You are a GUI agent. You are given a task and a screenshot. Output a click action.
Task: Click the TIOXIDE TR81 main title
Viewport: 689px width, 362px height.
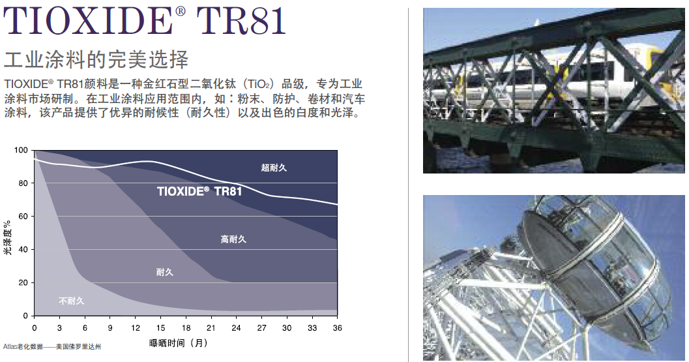click(145, 20)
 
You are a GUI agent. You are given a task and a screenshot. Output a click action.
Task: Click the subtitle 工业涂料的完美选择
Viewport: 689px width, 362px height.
click(96, 59)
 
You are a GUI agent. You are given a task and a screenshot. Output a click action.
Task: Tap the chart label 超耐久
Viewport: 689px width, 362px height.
click(274, 168)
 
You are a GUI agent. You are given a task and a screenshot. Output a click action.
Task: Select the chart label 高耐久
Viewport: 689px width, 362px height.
click(233, 239)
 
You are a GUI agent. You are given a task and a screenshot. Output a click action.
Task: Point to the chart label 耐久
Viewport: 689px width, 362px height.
click(165, 272)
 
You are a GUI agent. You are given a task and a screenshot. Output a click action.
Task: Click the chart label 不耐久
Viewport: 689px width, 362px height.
click(72, 301)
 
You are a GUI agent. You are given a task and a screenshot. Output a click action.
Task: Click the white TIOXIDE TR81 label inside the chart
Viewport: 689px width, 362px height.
click(199, 191)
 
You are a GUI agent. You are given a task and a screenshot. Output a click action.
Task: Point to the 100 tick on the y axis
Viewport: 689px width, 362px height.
click(21, 151)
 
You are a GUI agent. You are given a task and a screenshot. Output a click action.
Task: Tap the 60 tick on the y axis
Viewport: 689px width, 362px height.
click(23, 217)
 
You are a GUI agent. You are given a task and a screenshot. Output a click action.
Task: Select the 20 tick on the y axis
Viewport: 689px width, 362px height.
click(23, 283)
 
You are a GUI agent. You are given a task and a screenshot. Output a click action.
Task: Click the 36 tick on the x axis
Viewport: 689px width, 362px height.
click(338, 328)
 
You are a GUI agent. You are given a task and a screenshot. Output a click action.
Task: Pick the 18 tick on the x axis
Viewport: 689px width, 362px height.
click(186, 328)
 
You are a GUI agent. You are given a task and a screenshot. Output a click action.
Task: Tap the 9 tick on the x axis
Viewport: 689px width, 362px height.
click(110, 328)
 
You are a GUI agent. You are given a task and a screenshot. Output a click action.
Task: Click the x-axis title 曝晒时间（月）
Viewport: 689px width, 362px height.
click(179, 343)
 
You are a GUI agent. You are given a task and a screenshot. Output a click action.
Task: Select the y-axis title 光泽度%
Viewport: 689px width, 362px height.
click(7, 237)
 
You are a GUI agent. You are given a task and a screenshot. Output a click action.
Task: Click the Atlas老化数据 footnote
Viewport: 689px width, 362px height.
click(52, 346)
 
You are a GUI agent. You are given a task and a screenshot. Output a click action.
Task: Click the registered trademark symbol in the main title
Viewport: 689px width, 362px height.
click(180, 12)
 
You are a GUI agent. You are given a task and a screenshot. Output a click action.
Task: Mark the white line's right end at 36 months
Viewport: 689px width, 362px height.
click(338, 205)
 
